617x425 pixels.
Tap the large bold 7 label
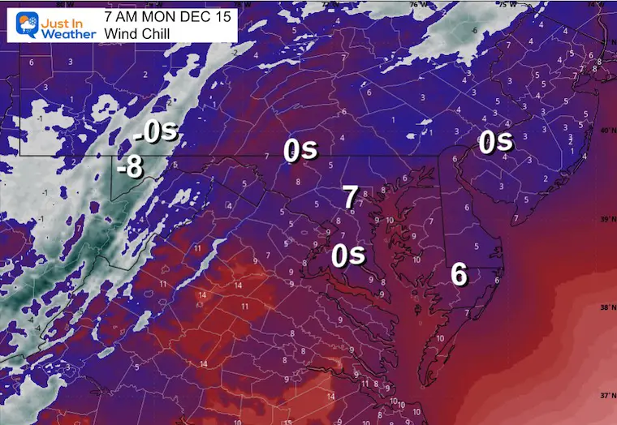pyautogui.click(x=350, y=197)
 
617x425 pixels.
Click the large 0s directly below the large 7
pyautogui.click(x=349, y=256)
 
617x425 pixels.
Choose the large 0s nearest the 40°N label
pyautogui.click(x=495, y=142)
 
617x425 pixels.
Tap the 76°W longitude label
pyautogui.click(x=419, y=3)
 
